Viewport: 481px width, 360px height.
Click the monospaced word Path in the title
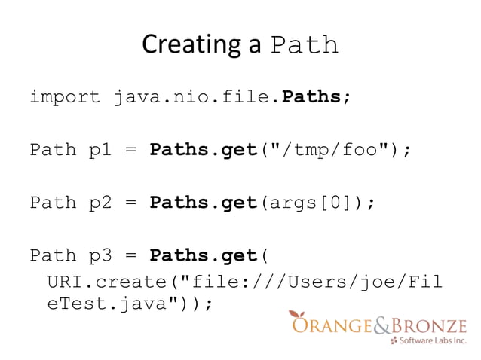click(x=304, y=46)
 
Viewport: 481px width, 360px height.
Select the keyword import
click(x=65, y=97)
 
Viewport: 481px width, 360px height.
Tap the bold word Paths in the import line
click(x=311, y=97)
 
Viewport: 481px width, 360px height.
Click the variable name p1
click(x=100, y=150)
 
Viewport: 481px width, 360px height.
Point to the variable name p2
click(x=100, y=203)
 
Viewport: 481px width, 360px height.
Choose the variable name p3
click(x=100, y=255)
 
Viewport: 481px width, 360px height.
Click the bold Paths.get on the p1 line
click(x=204, y=150)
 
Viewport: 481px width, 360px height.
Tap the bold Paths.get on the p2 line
click(x=204, y=203)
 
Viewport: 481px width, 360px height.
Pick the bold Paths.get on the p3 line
click(x=204, y=255)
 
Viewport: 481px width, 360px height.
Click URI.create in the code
click(x=110, y=282)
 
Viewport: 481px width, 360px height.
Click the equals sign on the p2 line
click(x=130, y=203)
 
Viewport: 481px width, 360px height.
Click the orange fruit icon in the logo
click(x=298, y=317)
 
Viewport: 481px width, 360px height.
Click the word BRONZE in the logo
click(x=430, y=325)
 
